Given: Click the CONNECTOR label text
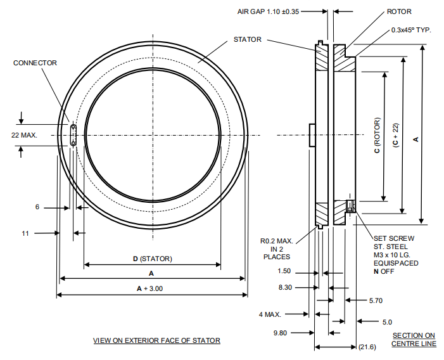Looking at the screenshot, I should coord(35,63).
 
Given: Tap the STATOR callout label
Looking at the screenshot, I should coord(247,40).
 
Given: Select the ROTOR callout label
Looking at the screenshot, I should coord(400,11).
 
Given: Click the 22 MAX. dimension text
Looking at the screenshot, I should coord(24,135).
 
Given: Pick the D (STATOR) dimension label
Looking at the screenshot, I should coord(152,258).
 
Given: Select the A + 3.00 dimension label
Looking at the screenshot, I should coord(150,288).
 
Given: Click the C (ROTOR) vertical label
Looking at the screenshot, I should coord(377,136).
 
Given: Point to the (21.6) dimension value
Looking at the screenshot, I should coord(367,347).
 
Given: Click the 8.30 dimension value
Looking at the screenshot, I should coord(286,287).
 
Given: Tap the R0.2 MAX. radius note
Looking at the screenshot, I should coord(276,241).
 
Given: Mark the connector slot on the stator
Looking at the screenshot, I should coord(73,135).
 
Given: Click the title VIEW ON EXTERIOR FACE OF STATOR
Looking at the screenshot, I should coord(156,340).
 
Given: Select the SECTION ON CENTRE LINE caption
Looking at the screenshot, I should coord(414,339).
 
